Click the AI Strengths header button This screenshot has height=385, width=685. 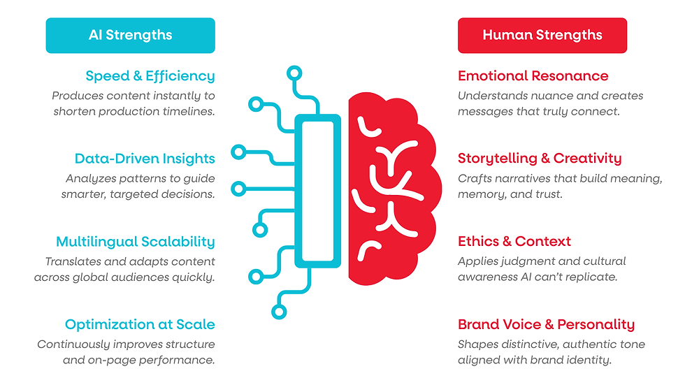pos(130,35)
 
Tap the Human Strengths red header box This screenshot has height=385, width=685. pos(542,35)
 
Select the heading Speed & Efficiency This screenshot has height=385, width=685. pos(150,75)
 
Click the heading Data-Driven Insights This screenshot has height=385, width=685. pos(145,159)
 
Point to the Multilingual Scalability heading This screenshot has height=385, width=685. pos(135,242)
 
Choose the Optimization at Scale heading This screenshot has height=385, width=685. pos(140,324)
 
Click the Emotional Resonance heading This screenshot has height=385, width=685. pos(533,75)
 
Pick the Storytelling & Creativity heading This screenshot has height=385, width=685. pos(539,159)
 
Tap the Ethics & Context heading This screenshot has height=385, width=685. pos(514,242)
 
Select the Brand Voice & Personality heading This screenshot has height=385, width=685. pos(546,324)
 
